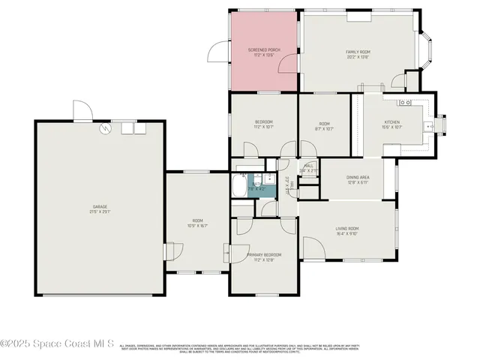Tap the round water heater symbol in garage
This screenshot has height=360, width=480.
106,128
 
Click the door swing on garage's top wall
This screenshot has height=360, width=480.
82,112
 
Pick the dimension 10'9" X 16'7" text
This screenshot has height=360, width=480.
197,225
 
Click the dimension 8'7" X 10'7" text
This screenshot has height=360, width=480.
324,127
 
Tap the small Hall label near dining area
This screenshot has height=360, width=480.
308,166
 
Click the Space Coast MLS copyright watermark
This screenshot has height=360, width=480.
57,344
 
